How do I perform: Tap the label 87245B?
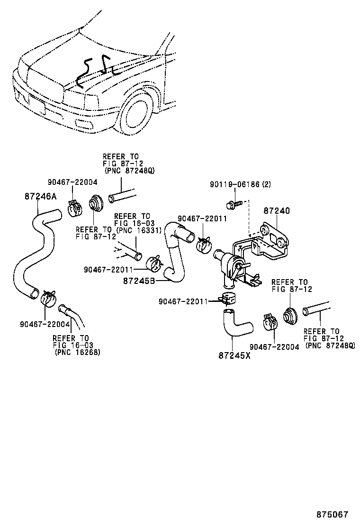point(140,281)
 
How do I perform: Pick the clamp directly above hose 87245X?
point(228,299)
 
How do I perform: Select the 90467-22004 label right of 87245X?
point(274,347)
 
